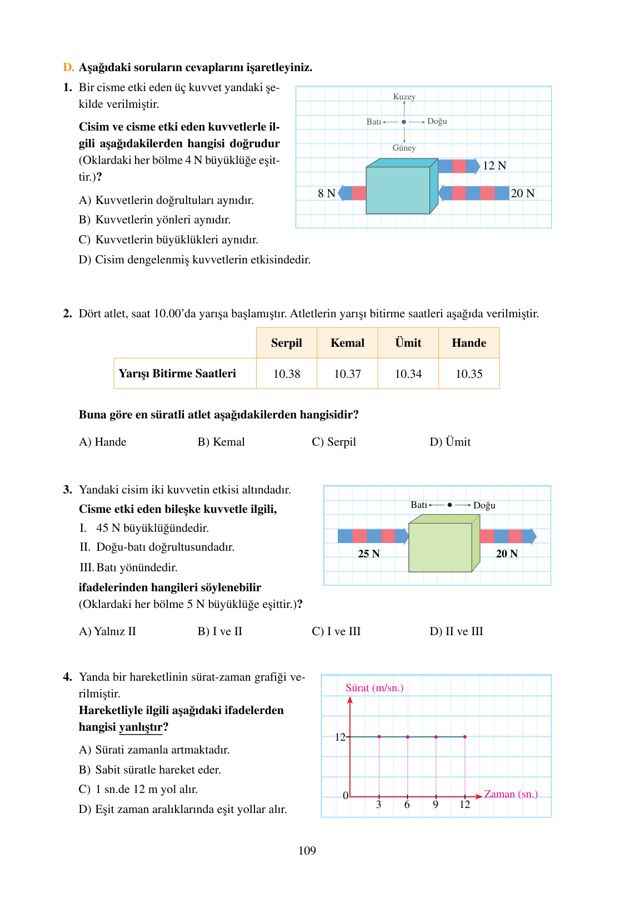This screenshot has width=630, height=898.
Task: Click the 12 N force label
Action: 494,166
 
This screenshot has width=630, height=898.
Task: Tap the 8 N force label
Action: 326,193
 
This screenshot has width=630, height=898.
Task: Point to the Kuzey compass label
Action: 404,97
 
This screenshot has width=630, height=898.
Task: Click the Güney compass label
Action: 404,148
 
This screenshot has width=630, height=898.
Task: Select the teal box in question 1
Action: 398,190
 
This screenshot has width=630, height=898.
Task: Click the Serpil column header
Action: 286,343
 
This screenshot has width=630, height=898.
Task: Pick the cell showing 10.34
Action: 408,374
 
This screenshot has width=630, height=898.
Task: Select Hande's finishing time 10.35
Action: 469,374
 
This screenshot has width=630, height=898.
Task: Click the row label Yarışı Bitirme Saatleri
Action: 177,373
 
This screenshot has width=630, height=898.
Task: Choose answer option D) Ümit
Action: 450,442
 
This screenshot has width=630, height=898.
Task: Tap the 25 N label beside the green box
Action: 368,553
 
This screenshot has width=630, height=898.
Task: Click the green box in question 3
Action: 440,547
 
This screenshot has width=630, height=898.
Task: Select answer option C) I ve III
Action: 336,631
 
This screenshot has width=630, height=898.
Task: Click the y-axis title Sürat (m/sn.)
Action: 374,688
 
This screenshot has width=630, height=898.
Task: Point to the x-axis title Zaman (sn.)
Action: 511,794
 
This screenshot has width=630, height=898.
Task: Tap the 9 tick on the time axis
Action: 436,805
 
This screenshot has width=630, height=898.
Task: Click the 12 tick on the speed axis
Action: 340,737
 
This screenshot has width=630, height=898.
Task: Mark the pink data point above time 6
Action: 408,737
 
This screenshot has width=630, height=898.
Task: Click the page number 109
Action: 307,851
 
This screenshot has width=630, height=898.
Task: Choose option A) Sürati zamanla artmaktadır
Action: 154,750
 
